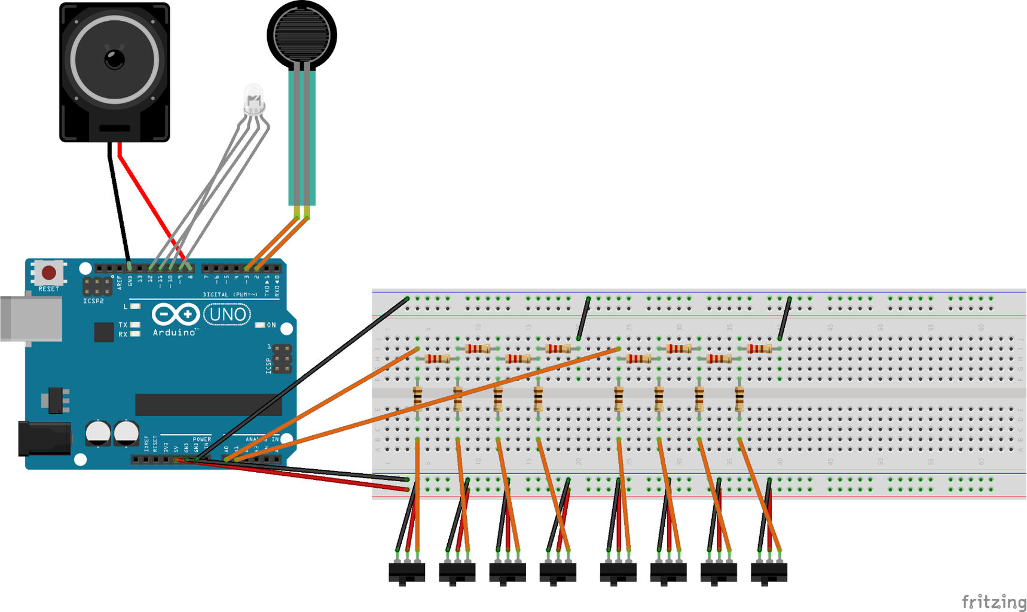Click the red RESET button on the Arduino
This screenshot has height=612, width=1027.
pos(48,273)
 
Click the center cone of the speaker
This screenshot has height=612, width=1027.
pos(114,59)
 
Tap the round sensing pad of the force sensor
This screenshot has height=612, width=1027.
pos(301,34)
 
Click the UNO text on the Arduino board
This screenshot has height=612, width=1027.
pos(227,314)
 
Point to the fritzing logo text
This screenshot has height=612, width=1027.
pos(994,601)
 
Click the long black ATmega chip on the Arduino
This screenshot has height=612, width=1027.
pos(208,405)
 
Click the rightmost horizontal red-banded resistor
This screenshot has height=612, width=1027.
pos(759,348)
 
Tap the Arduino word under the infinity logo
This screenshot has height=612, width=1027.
pos(175,332)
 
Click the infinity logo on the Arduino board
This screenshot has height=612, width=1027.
pos(175,314)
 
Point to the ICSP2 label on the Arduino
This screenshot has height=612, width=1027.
pos(93,301)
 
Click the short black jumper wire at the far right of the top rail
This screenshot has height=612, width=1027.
pos(785,319)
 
